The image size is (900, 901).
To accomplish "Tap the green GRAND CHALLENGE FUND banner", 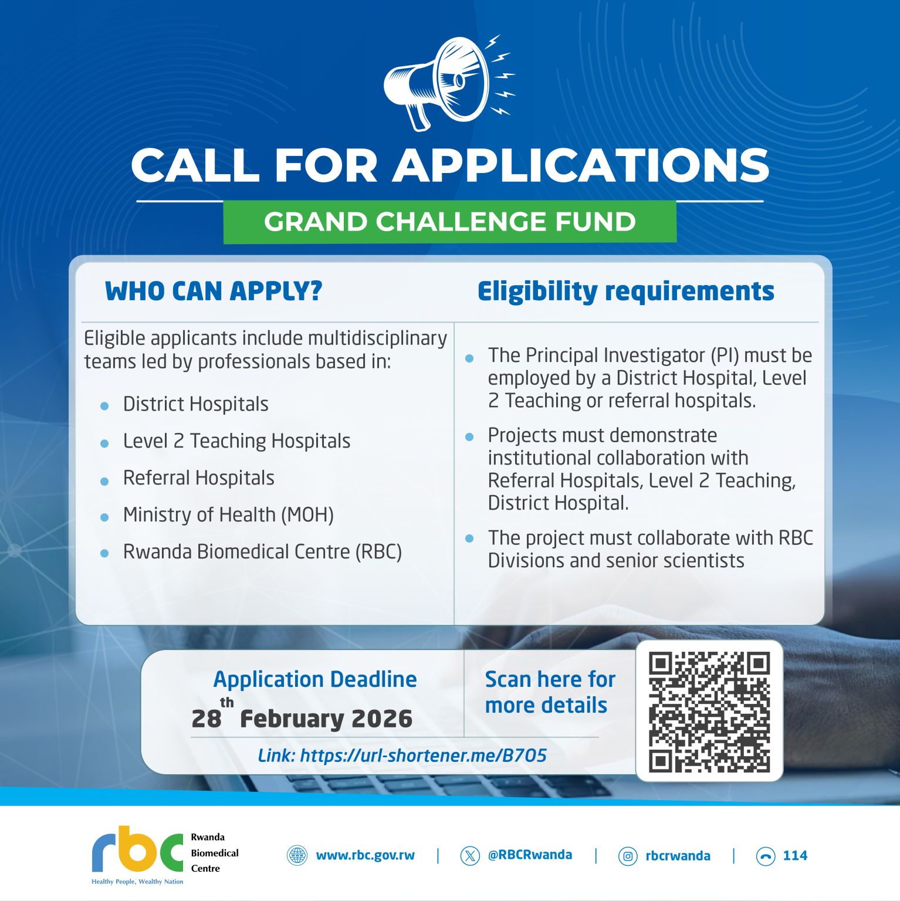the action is (450, 222).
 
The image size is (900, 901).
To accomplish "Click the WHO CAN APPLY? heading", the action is (214, 291).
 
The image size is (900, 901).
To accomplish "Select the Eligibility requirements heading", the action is (626, 292).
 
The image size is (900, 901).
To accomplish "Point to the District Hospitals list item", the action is (196, 404).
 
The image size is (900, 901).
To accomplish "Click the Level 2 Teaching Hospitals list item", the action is (236, 441).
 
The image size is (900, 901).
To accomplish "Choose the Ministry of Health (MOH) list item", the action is (228, 515).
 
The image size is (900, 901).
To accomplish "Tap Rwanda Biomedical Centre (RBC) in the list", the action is (262, 552).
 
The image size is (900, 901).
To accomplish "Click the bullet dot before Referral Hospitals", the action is (104, 481).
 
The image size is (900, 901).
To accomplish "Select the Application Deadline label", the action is (315, 679).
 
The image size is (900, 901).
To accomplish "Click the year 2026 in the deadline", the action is (382, 719).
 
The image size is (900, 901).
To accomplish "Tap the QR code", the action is (709, 712).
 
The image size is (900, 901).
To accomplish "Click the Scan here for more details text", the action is (550, 692).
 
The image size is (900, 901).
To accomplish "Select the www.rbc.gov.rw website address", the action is (365, 856).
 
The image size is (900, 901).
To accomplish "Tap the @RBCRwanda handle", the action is (530, 855).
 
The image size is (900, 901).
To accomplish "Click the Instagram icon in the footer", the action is (628, 856).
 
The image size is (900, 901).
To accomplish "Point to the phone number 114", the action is (795, 856).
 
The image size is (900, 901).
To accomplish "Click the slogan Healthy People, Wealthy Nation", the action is (137, 882).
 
